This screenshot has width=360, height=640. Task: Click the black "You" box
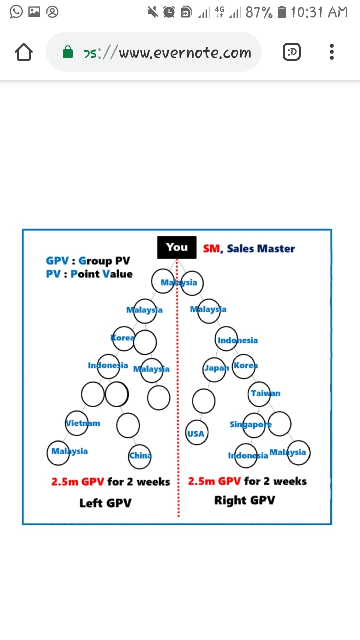[177, 247]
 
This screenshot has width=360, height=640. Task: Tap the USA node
[197, 432]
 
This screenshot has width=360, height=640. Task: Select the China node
[139, 456]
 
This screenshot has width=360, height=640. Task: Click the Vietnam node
[77, 423]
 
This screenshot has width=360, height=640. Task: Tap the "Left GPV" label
[105, 503]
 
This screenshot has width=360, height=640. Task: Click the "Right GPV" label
[245, 500]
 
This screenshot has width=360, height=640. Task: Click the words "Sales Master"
[261, 249]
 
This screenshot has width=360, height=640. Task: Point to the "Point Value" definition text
[101, 274]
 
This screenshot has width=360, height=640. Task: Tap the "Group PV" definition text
[104, 261]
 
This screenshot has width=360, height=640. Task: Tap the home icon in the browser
[24, 52]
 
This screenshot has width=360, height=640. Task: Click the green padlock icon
[68, 52]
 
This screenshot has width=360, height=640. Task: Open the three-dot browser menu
[331, 52]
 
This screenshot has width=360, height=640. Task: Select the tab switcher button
[291, 52]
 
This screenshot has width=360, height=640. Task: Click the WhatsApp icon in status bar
[16, 12]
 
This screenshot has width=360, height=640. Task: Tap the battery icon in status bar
[282, 12]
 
